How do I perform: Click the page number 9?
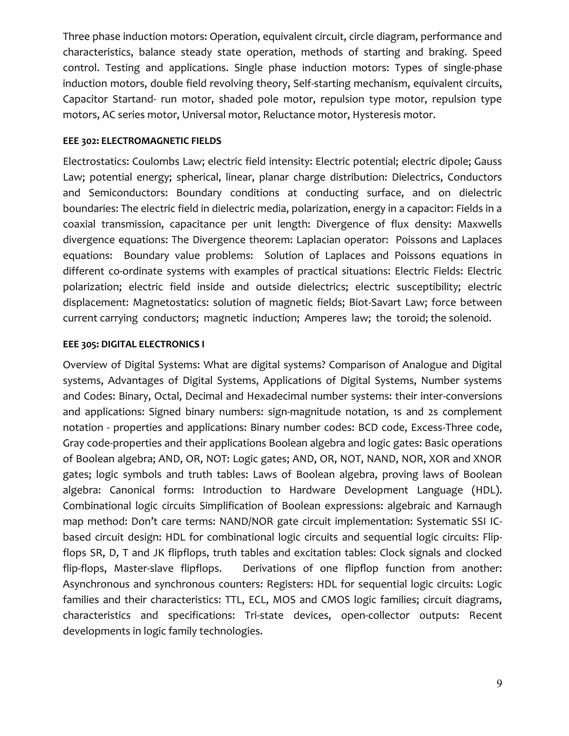point(499,684)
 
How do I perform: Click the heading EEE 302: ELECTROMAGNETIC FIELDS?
point(142,141)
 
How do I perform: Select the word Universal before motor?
point(204,115)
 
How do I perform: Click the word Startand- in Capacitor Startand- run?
point(134,99)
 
